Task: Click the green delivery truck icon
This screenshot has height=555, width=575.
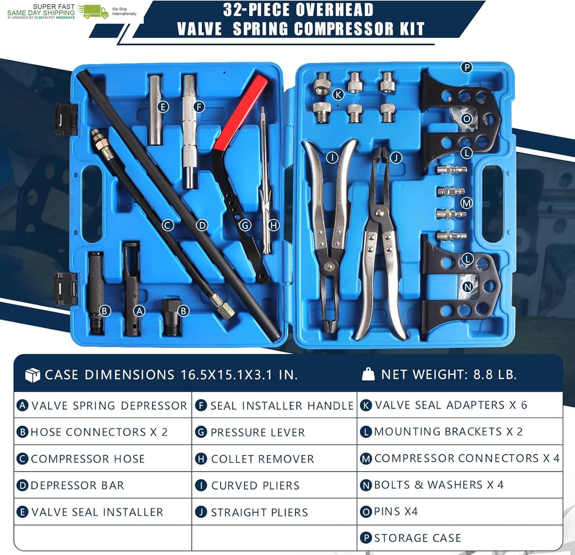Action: pyautogui.click(x=93, y=11)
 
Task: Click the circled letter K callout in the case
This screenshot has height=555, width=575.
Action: pyautogui.click(x=338, y=94)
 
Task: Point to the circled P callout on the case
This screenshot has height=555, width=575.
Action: pyautogui.click(x=467, y=68)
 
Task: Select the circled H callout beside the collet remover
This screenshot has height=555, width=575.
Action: pyautogui.click(x=274, y=225)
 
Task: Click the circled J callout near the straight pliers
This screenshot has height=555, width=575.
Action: pyautogui.click(x=396, y=158)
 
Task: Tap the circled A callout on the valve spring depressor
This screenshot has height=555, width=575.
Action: pyautogui.click(x=139, y=311)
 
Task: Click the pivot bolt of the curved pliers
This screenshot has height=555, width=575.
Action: pyautogui.click(x=330, y=266)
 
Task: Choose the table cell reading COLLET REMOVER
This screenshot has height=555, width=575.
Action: pyautogui.click(x=274, y=459)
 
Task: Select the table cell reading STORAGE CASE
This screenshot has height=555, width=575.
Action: pyautogui.click(x=460, y=538)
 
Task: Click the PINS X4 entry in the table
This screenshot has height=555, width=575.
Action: pyautogui.click(x=460, y=511)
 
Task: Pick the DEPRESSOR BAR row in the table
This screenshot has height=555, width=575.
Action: pyautogui.click(x=102, y=486)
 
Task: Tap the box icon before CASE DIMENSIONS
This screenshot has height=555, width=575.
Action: pyautogui.click(x=32, y=375)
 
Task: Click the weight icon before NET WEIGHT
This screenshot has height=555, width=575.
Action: pyautogui.click(x=368, y=374)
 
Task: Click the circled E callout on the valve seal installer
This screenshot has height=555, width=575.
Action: pyautogui.click(x=163, y=107)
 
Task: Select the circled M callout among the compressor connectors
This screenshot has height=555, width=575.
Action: pyautogui.click(x=467, y=203)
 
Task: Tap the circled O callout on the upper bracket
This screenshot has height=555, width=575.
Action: pyautogui.click(x=467, y=119)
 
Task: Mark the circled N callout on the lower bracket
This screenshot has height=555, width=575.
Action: pyautogui.click(x=468, y=286)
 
